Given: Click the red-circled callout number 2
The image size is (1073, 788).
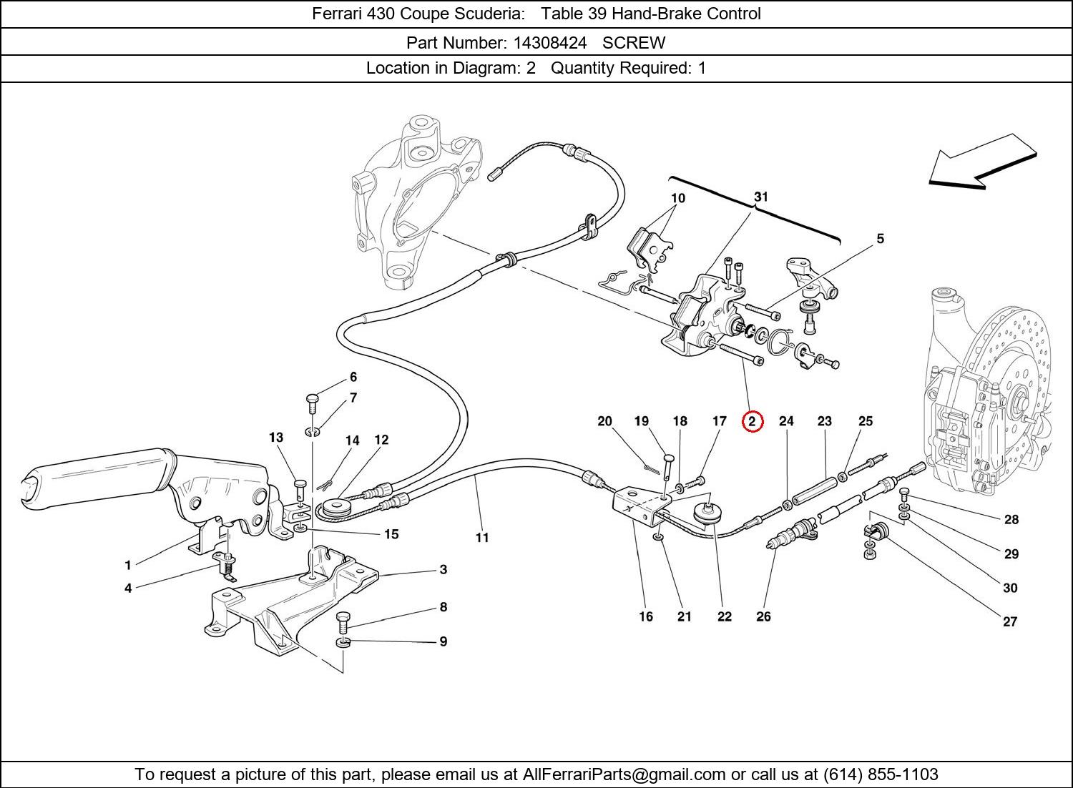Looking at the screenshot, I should click(753, 422).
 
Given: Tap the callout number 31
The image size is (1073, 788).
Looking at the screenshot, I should click(760, 197).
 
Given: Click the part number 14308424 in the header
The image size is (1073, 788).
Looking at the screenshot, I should click(549, 43).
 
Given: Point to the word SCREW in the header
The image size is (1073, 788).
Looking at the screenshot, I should click(634, 43).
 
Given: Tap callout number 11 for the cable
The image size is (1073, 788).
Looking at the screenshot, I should click(482, 537).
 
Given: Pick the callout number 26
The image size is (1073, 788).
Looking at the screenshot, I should click(763, 616).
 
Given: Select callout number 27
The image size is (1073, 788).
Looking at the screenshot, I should click(1009, 621).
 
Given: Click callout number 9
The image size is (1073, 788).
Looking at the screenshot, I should click(444, 641).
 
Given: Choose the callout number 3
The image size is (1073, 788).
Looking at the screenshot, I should click(444, 569).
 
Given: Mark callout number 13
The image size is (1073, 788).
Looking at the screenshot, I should click(276, 438).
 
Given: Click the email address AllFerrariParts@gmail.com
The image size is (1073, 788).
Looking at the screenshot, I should click(624, 774).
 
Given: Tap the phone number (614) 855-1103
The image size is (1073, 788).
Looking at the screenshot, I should click(881, 774).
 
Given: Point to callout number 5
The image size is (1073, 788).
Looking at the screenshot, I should click(880, 239).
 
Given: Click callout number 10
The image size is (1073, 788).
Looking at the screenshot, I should click(677, 198).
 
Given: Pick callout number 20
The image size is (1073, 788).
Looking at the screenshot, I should click(605, 421).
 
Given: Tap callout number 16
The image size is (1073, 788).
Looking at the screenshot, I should click(646, 616).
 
